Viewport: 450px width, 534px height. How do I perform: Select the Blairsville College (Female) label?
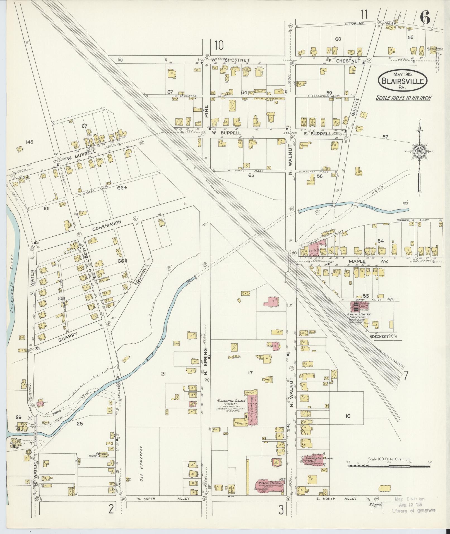click(230, 403)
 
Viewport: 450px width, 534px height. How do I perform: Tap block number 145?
click(29, 142)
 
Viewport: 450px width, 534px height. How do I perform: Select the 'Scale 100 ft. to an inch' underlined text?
click(403, 98)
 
